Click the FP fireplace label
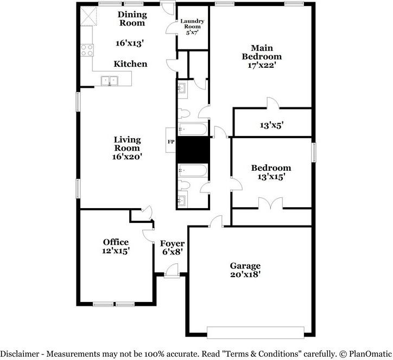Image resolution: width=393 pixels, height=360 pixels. click(171, 142)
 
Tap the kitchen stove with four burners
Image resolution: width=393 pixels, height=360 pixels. click(87, 50)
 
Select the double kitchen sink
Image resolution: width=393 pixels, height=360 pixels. click(110, 81)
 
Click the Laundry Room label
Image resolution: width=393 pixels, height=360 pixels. click(192, 24)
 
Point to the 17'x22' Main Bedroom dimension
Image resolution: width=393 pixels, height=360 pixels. click(262, 65)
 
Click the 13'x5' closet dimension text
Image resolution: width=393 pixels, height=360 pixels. click(272, 125)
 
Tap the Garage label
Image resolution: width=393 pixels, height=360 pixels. click(245, 265)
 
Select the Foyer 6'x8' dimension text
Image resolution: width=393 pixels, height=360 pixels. click(172, 252)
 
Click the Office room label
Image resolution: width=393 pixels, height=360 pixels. click(116, 242)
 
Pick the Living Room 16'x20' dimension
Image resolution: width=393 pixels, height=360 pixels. click(128, 157)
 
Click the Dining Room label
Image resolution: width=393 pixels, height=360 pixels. click(132, 18)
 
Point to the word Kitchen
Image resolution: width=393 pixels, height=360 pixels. click(130, 64)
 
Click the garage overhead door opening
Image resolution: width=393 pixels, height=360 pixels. click(256, 333)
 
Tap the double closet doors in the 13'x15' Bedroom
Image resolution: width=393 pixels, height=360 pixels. click(270, 203)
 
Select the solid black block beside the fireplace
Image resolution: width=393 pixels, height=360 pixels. click(193, 150)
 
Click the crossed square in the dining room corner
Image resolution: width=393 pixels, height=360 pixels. click(88, 16)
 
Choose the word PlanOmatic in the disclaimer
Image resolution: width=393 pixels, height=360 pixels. click(370, 354)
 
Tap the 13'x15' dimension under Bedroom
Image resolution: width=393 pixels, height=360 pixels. click(271, 177)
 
